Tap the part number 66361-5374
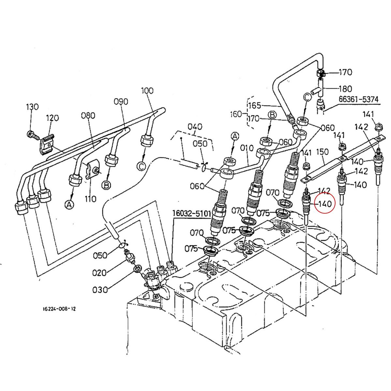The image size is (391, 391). pos(358,99)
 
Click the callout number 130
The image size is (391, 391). pos(32,107)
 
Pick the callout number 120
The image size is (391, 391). pos(52,118)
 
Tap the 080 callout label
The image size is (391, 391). pos(88,116)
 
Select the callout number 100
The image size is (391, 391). pos(147,91)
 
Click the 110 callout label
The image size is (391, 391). pos(90,199)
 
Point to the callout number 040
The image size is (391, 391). pos(195,127)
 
